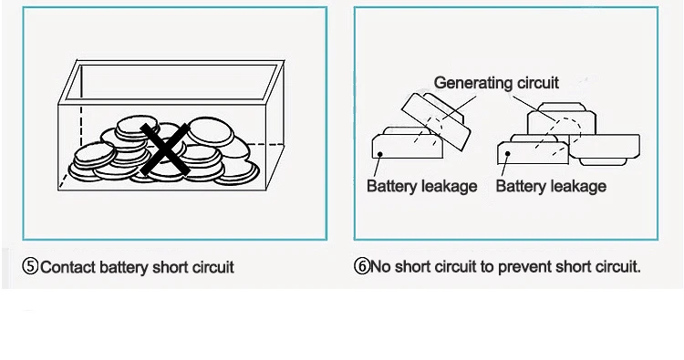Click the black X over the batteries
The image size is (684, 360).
[x=165, y=149]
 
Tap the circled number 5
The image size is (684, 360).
[x=30, y=266]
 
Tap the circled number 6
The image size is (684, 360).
[x=362, y=266]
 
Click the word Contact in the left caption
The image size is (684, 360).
[x=68, y=267]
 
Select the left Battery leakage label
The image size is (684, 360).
[x=422, y=187]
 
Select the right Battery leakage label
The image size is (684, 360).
[x=551, y=187]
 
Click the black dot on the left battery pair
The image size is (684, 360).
[x=380, y=154]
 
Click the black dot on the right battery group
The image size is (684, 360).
[x=507, y=153]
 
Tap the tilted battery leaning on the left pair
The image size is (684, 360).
[x=435, y=120]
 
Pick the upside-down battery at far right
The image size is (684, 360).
[x=604, y=149]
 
